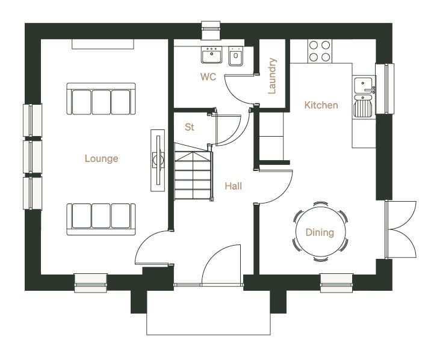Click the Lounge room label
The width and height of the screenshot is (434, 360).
pos(101,158)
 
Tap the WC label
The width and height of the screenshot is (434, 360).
pos(208,76)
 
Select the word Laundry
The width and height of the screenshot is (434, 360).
pos(272,76)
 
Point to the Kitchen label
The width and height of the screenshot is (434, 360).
pos(321,105)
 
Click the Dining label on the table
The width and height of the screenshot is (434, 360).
pos(320,232)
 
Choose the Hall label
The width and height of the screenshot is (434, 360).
pos(234,186)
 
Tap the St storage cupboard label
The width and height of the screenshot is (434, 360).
pos(190,127)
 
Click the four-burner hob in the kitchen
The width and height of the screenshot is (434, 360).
pos(320,51)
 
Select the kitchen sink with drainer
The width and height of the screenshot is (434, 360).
pos(364,97)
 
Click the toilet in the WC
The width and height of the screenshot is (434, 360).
pos(236,56)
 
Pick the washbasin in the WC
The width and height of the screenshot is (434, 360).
pos(212,55)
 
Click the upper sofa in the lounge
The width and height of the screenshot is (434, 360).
pos(101,99)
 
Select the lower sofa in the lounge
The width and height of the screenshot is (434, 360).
pos(101,219)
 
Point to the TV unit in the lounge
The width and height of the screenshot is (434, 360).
pos(158,161)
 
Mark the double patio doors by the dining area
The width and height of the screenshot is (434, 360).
pos(400,230)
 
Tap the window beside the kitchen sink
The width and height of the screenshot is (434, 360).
pos(385,88)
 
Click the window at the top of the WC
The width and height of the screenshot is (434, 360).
pos(211,30)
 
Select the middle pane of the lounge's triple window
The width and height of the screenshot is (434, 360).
pos(33,157)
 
